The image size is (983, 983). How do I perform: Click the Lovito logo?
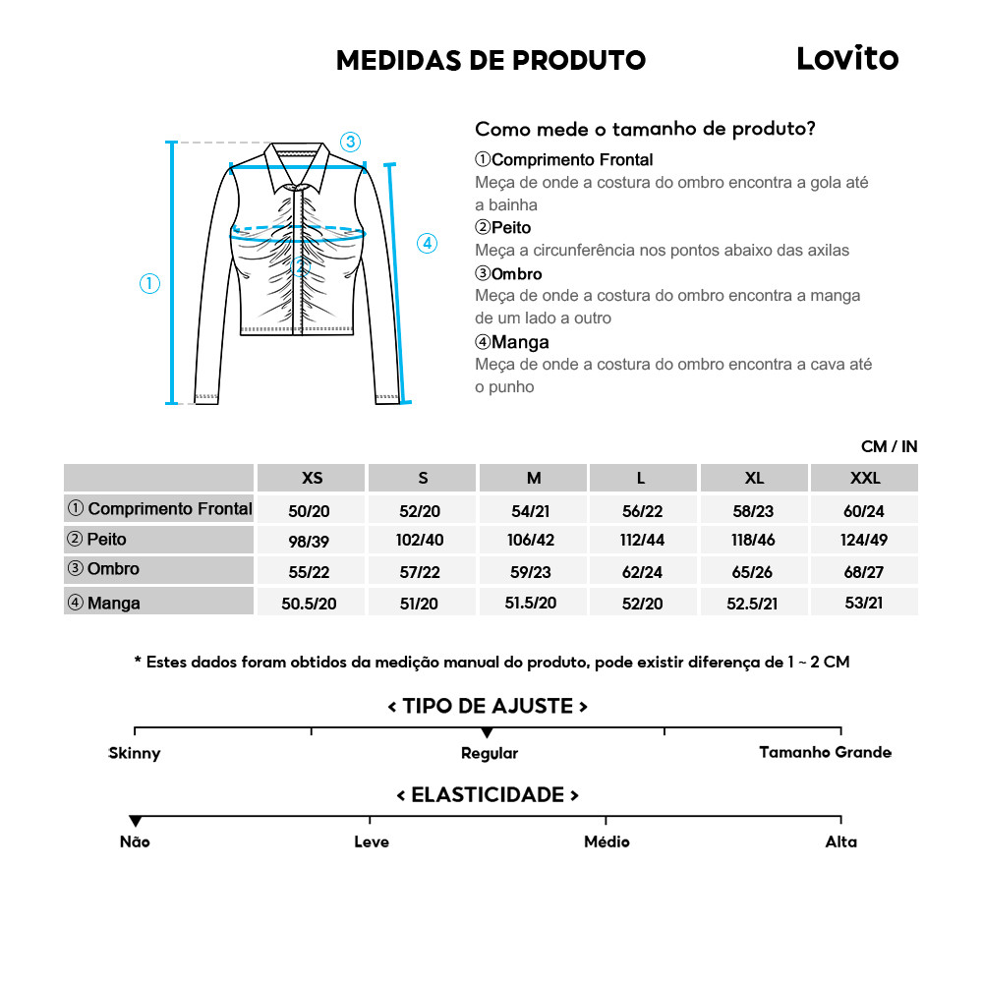(846, 58)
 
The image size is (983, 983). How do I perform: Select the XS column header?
(312, 478)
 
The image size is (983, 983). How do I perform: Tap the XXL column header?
(865, 478)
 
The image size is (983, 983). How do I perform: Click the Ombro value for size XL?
(754, 572)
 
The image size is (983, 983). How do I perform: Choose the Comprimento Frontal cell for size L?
(641, 509)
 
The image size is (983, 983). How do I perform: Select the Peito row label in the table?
(107, 540)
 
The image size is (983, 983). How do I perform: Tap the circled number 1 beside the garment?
(149, 284)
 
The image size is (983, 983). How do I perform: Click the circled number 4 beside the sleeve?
(427, 243)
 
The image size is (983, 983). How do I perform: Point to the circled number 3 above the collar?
(350, 142)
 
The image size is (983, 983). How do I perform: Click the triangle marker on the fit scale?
(487, 733)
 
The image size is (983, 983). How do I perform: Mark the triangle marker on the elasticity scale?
(136, 821)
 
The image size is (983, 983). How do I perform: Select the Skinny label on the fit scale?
(135, 753)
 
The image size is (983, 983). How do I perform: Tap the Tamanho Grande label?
(825, 752)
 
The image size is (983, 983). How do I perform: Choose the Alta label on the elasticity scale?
(840, 841)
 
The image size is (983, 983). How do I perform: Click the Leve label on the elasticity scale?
(372, 841)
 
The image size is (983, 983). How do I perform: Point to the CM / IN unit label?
(889, 446)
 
